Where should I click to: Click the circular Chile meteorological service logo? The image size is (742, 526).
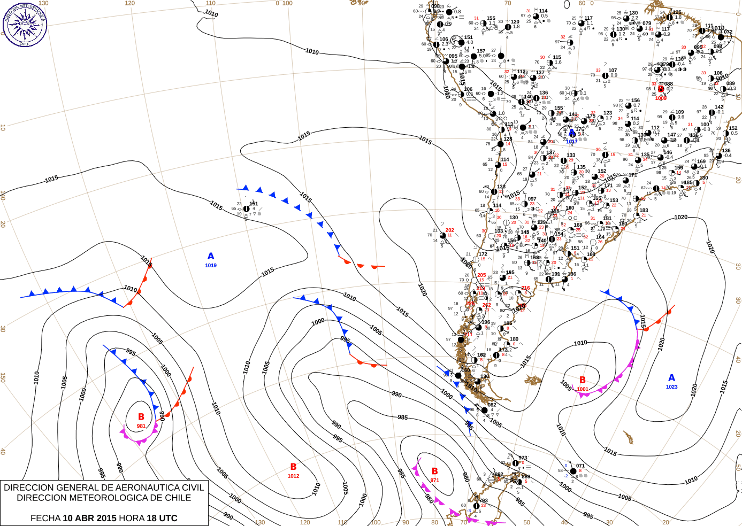[x=25, y=25]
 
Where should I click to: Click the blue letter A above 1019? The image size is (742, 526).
[x=211, y=257]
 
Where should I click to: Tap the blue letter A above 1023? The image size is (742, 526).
[x=672, y=378]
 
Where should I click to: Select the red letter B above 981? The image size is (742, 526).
[x=141, y=417]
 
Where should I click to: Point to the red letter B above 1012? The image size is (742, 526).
[x=293, y=467]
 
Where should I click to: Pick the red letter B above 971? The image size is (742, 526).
[x=435, y=471]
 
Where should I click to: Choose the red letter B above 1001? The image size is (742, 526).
[x=583, y=380]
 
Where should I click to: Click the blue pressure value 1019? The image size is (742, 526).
[x=211, y=266]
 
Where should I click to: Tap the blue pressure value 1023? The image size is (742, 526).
[x=672, y=387]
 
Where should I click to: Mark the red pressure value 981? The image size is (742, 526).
[x=141, y=426]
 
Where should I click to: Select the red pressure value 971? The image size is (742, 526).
[x=435, y=481]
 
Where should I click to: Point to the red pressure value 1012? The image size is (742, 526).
[x=293, y=476]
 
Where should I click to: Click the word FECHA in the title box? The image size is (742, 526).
[x=45, y=518]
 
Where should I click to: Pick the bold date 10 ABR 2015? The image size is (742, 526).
[x=89, y=518]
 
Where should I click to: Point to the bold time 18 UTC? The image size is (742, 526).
[x=162, y=518]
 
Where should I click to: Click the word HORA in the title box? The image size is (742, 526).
[x=132, y=518]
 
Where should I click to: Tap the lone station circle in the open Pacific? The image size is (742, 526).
[x=246, y=208]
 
